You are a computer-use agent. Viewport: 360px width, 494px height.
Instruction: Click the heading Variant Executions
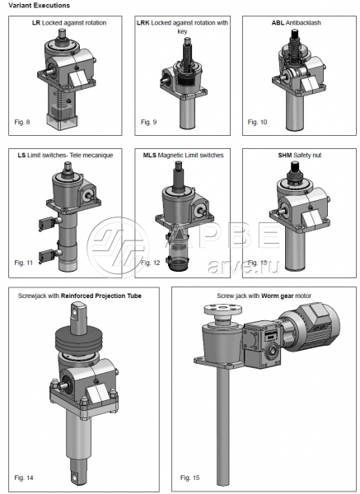[39, 6]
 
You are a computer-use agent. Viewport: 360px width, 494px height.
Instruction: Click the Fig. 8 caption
[22, 122]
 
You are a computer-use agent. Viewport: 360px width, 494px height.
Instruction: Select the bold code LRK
[143, 23]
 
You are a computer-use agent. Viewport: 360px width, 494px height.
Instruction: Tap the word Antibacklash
[303, 23]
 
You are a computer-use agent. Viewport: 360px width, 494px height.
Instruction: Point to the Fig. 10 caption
[257, 122]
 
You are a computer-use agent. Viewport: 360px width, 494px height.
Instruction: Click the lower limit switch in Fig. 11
[48, 255]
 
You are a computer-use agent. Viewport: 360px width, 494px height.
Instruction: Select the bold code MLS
[149, 155]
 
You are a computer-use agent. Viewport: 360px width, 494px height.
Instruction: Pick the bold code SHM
[285, 155]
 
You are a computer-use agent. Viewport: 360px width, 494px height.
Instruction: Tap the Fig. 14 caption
[24, 478]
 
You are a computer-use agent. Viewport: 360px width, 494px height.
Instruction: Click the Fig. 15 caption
[189, 478]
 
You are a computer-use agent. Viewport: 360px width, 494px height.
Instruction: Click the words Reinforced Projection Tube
[101, 296]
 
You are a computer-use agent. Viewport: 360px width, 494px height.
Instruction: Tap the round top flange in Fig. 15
[223, 310]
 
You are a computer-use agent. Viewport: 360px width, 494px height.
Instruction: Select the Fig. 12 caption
[151, 263]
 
